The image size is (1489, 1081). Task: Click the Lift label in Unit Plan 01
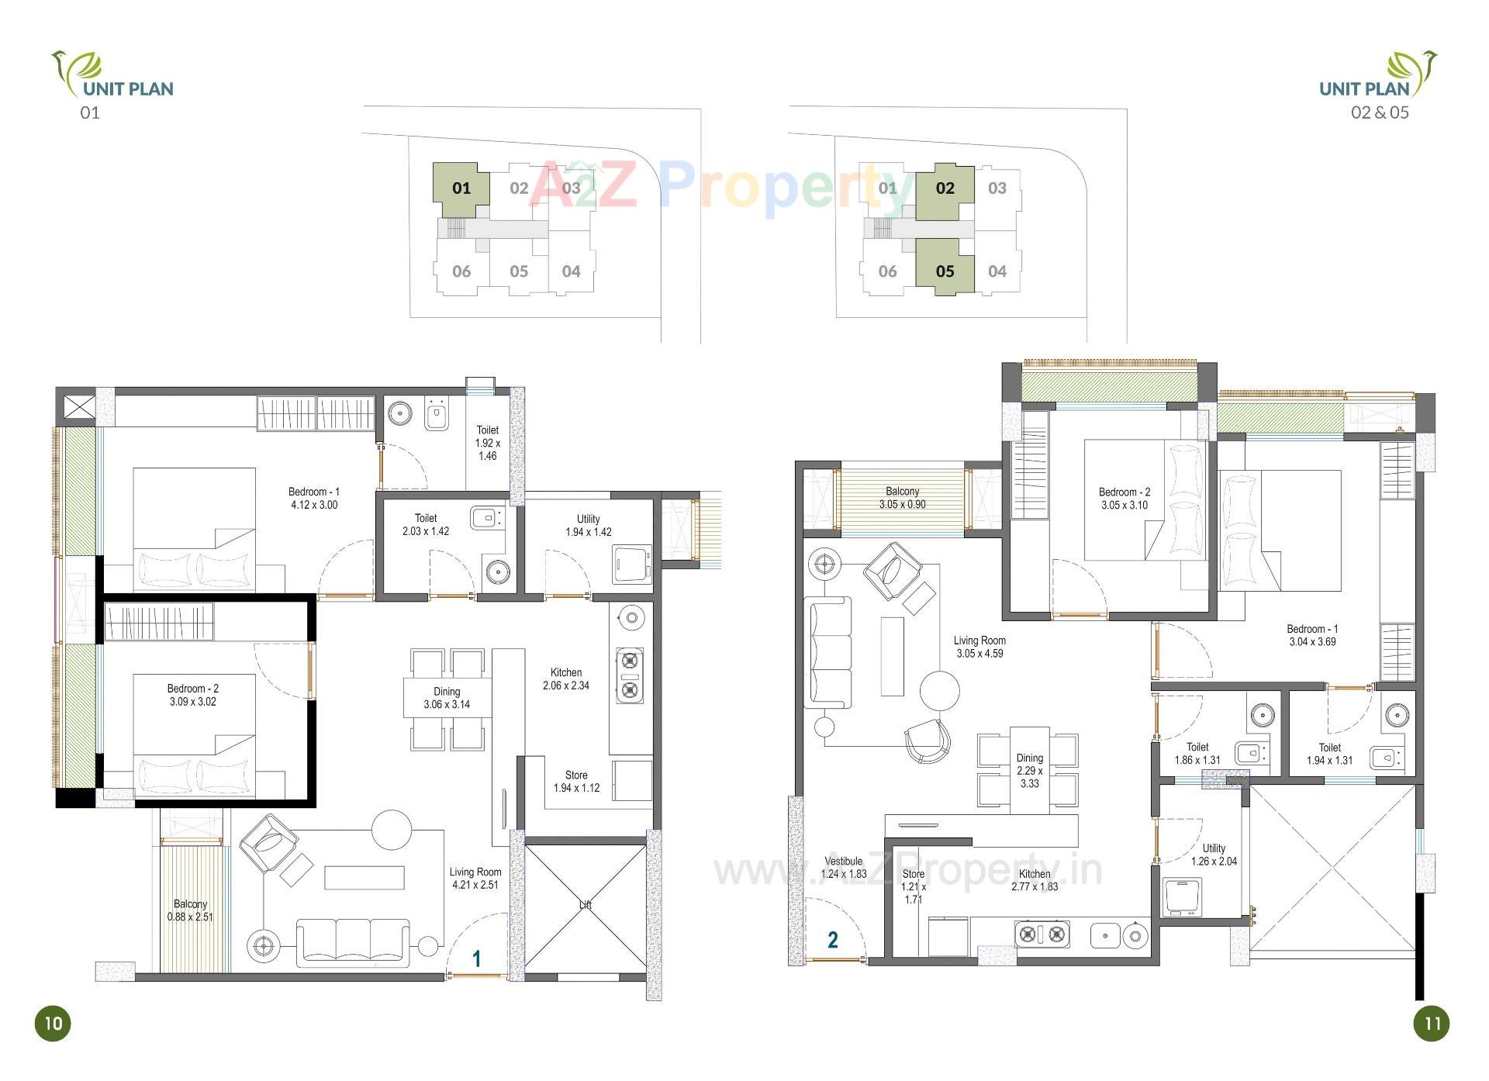586,905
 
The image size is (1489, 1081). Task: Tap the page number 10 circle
53,1023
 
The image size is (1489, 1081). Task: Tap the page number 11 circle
1432,1023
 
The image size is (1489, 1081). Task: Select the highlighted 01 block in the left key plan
461,188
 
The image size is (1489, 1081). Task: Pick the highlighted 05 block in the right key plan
945,271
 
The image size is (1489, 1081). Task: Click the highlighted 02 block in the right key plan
945,188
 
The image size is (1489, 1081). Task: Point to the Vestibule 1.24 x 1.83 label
844,868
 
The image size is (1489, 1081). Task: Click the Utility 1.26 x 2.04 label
1214,855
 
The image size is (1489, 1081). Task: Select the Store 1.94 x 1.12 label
576,782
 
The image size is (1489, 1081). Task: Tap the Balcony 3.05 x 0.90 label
902,498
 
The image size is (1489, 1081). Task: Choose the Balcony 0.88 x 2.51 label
190,910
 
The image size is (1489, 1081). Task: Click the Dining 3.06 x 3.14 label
447,698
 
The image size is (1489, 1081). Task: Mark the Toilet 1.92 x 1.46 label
488,443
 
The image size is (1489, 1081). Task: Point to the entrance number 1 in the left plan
477,959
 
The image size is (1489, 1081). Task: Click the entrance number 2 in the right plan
833,940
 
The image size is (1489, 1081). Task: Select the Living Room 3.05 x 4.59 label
979,647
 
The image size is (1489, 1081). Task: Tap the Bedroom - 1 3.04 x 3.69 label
1312,635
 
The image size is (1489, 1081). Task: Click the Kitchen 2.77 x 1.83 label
1035,880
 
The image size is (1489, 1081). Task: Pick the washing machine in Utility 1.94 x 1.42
631,564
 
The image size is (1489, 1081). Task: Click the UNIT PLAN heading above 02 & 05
1364,88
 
